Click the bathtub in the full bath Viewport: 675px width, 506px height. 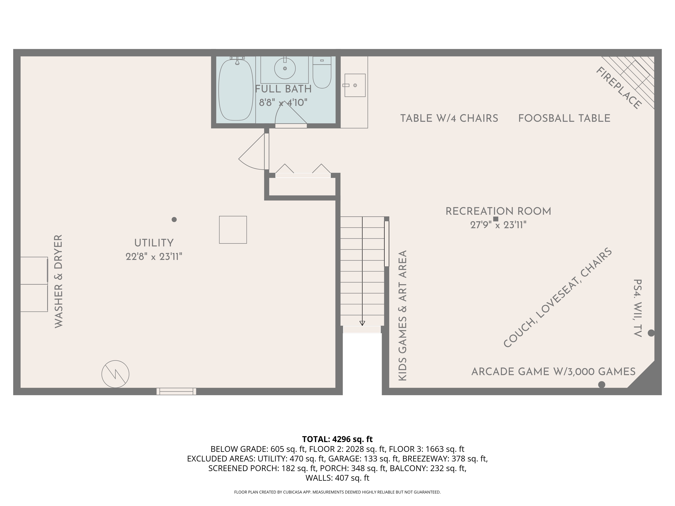pyautogui.click(x=236, y=90)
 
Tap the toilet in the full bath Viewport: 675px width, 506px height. pyautogui.click(x=322, y=72)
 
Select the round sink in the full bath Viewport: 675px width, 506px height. pyautogui.click(x=285, y=68)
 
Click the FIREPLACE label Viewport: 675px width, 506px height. pyautogui.click(x=618, y=88)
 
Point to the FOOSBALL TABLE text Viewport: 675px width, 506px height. pyautogui.click(x=564, y=118)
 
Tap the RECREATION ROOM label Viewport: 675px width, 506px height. pyautogui.click(x=498, y=211)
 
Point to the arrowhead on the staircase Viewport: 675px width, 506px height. pyautogui.click(x=362, y=323)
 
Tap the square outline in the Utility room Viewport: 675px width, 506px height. pyautogui.click(x=233, y=230)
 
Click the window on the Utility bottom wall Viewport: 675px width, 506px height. pyautogui.click(x=176, y=391)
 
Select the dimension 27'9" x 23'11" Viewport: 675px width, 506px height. pyautogui.click(x=498, y=225)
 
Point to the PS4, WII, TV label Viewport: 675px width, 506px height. pyautogui.click(x=638, y=308)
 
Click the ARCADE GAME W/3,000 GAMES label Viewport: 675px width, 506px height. pyautogui.click(x=553, y=372)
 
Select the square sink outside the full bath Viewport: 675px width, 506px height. pyautogui.click(x=355, y=85)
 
